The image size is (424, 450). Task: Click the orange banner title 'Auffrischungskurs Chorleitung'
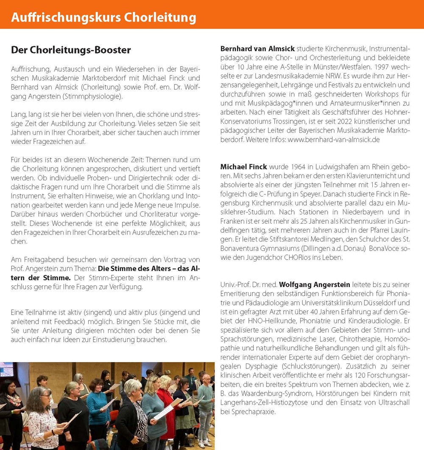(103, 18)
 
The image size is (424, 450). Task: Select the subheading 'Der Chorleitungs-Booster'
(71, 50)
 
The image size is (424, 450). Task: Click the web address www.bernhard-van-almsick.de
(334, 140)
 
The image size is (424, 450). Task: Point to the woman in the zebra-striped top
(131, 414)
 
